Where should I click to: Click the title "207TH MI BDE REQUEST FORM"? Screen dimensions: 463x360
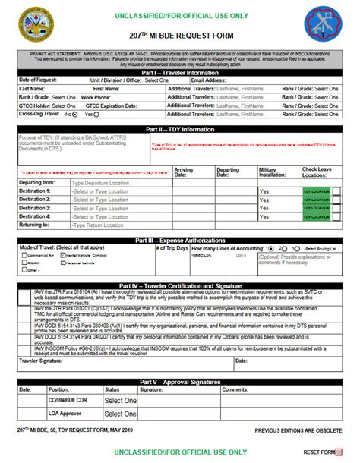coord(180,36)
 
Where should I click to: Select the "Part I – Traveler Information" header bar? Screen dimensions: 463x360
coord(180,72)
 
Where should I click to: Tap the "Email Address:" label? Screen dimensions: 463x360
coord(210,80)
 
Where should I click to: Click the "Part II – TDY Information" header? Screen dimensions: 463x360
coord(180,129)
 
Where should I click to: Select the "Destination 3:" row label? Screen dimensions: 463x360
coord(35,208)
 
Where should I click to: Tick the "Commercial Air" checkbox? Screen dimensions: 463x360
coord(22,257)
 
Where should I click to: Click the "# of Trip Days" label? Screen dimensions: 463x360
coord(171,248)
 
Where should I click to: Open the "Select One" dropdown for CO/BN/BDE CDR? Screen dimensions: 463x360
coord(120,400)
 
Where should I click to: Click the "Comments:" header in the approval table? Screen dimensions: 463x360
coord(256,389)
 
